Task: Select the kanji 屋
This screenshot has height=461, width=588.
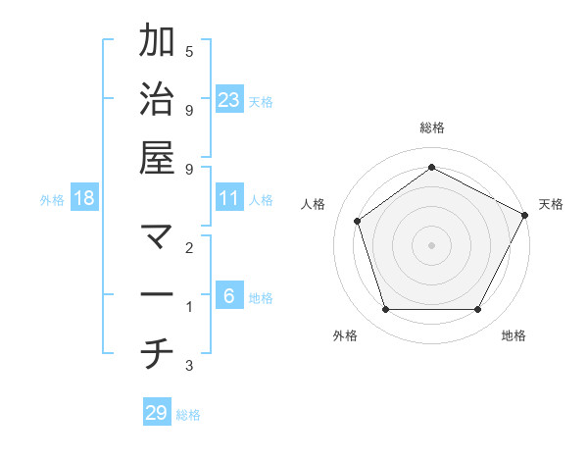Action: [157, 157]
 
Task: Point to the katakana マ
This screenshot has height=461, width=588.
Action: [157, 236]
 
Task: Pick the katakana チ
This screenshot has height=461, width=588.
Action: [157, 354]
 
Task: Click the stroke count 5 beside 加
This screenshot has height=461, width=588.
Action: [189, 51]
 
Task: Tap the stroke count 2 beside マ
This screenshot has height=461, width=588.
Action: [189, 248]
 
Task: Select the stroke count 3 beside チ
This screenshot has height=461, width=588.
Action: [189, 366]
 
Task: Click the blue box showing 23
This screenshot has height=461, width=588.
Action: [228, 99]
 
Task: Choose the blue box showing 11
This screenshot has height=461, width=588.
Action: [228, 198]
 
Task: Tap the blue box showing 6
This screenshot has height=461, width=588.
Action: [228, 296]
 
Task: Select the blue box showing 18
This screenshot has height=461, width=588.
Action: [84, 198]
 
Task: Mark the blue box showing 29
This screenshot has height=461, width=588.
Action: [157, 413]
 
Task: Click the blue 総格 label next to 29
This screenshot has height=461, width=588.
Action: [188, 415]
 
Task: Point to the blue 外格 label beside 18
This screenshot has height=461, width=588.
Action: [52, 200]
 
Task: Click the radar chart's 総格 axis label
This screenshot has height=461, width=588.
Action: [431, 128]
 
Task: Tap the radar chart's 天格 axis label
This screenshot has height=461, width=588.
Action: [551, 204]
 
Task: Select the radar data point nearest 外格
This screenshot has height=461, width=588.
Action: [385, 309]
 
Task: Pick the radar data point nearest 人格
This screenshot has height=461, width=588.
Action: [357, 221]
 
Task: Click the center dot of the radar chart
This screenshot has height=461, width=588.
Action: [431, 244]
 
